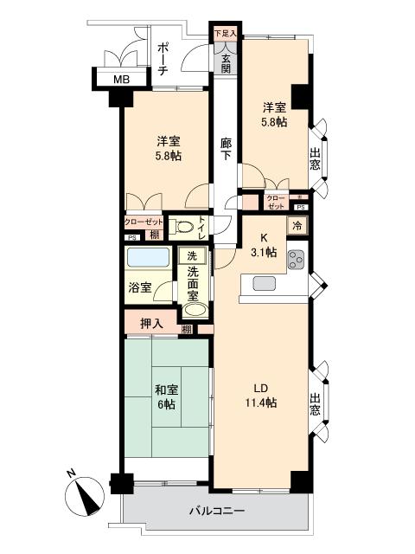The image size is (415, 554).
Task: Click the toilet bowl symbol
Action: tap(182, 228)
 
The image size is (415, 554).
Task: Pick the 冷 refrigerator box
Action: tap(297, 226)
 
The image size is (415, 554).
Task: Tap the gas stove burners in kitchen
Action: tap(296, 257)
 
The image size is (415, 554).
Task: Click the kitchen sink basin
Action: tap(263, 282)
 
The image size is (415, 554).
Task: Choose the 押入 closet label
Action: tap(151, 324)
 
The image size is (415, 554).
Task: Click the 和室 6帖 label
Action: tap(168, 396)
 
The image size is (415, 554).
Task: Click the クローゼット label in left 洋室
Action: tap(143, 222)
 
